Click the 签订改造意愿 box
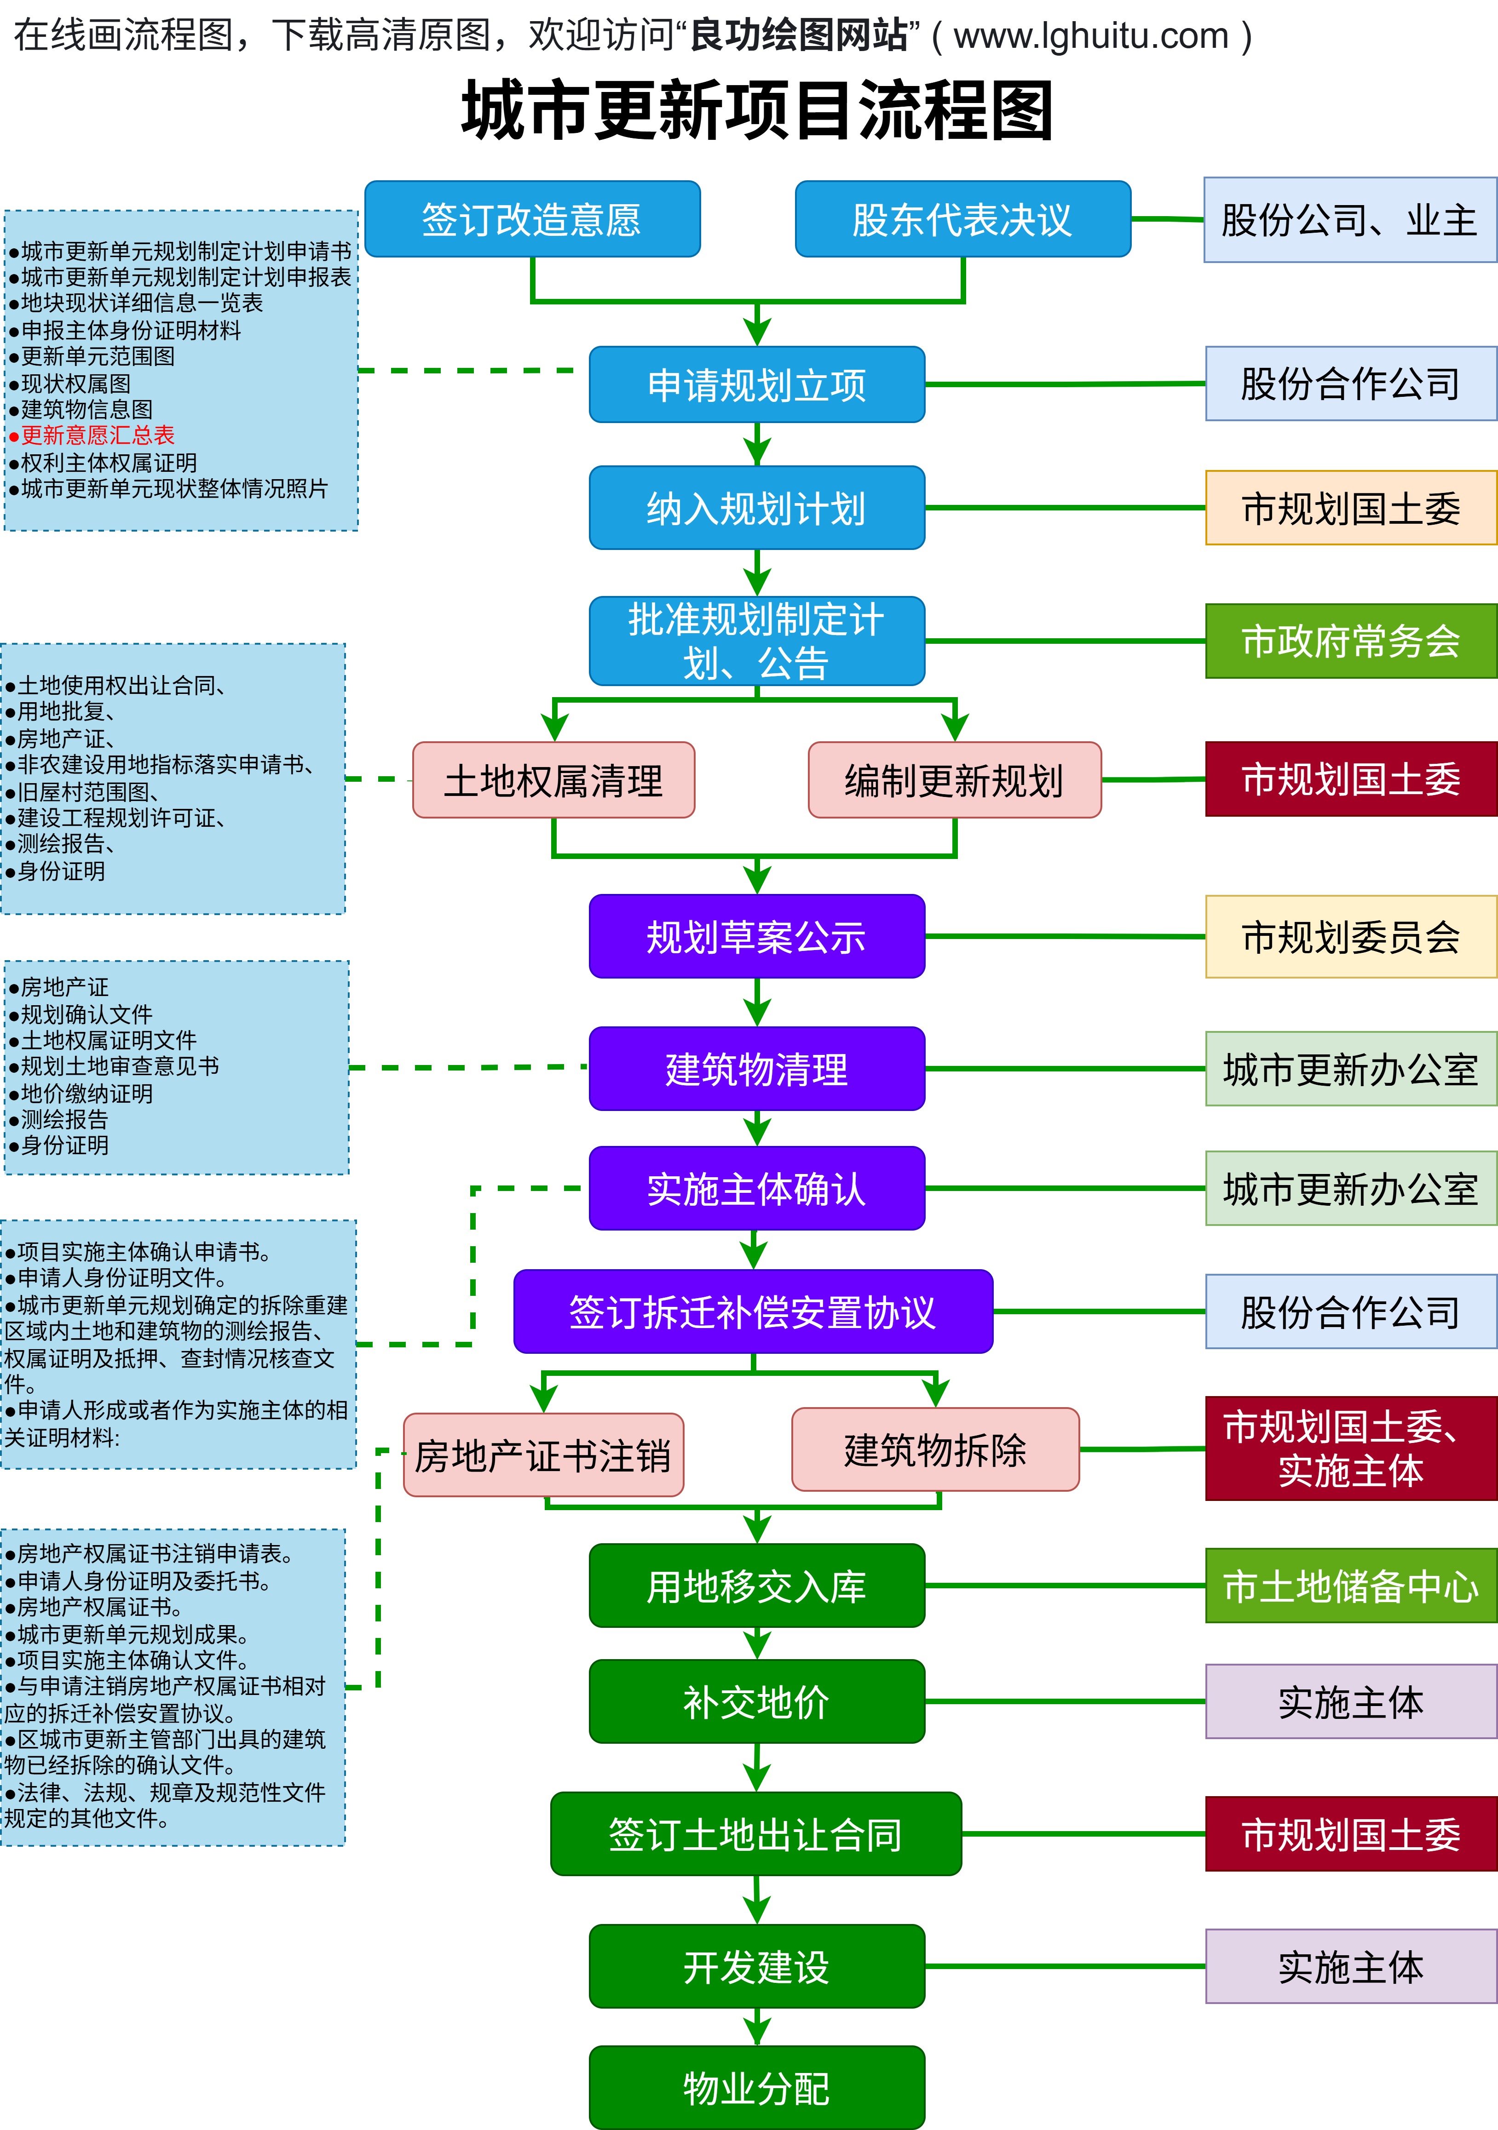point(532,219)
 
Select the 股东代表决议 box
point(962,219)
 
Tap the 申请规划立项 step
point(756,384)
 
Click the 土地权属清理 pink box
point(553,780)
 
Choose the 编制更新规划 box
point(954,780)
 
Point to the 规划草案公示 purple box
point(756,936)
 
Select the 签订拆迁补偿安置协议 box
point(753,1311)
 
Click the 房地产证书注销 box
point(543,1454)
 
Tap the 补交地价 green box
point(756,1701)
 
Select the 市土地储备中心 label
point(1350,1586)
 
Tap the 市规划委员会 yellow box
point(1350,936)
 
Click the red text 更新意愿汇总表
point(98,435)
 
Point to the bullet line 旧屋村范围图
point(88,791)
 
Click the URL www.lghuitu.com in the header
point(1090,36)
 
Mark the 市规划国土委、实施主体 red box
point(1350,1448)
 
